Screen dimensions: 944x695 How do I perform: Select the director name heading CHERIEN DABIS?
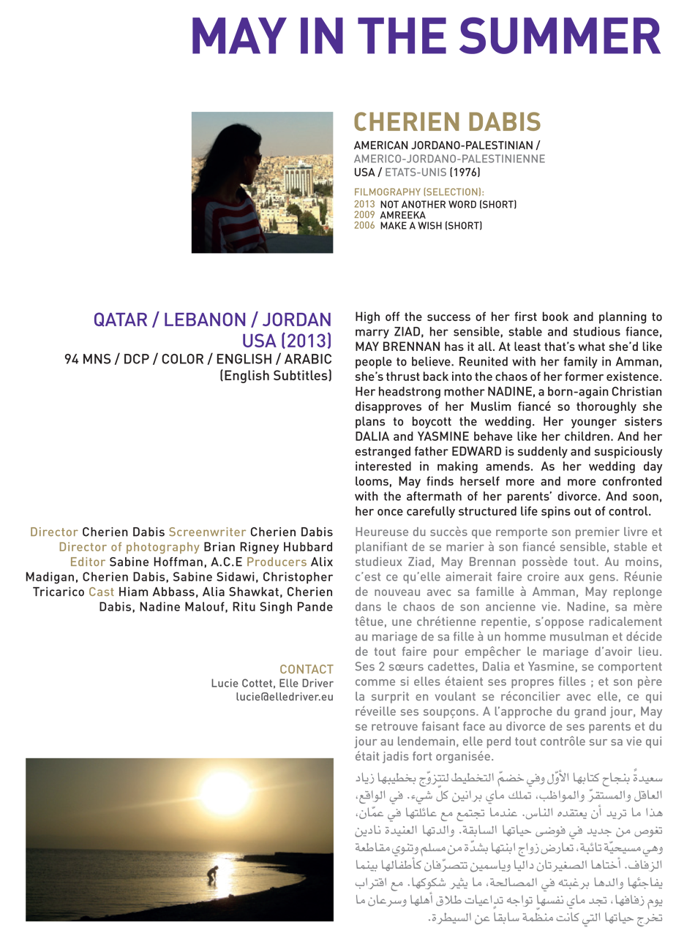[447, 122]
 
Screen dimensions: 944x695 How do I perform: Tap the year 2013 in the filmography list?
[364, 205]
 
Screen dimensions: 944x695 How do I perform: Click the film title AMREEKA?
[402, 215]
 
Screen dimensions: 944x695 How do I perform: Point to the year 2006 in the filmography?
[364, 226]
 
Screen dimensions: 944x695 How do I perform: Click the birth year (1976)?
[465, 173]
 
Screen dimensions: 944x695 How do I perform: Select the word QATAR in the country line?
[119, 320]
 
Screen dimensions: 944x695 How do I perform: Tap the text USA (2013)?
[287, 341]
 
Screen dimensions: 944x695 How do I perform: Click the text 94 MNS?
[87, 359]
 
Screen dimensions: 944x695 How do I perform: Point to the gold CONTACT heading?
[306, 669]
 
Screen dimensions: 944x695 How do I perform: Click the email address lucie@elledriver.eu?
[284, 697]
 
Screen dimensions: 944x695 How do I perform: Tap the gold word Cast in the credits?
[102, 592]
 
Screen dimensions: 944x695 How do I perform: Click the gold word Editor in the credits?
[87, 562]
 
